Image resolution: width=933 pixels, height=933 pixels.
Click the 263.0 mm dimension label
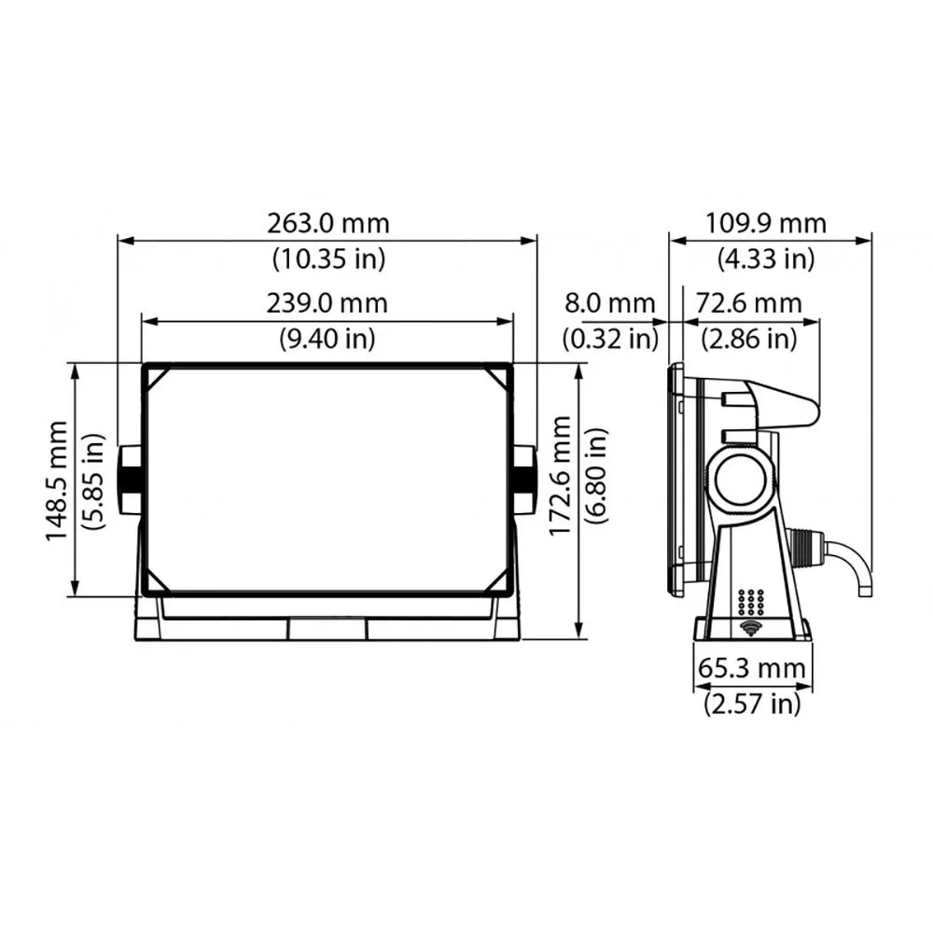coord(327,225)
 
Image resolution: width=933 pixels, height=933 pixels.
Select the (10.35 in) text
coord(327,258)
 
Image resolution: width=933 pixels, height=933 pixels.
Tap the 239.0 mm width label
coord(327,304)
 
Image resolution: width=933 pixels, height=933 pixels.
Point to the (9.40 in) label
coord(327,337)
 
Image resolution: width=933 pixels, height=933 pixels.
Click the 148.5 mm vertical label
coord(58,480)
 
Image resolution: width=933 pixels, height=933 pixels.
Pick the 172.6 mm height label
coord(560,475)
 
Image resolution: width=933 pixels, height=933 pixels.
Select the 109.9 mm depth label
coord(765,225)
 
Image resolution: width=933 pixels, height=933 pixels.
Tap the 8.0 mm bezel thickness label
coord(610,304)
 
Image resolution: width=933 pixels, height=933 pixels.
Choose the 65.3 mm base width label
coord(752,669)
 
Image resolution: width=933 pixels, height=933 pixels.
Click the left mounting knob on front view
coord(129,480)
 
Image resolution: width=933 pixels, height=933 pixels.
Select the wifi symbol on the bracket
coord(750,626)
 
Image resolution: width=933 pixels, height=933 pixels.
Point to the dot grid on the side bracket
coord(751,600)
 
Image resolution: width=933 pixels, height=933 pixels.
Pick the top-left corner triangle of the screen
coord(155,376)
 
